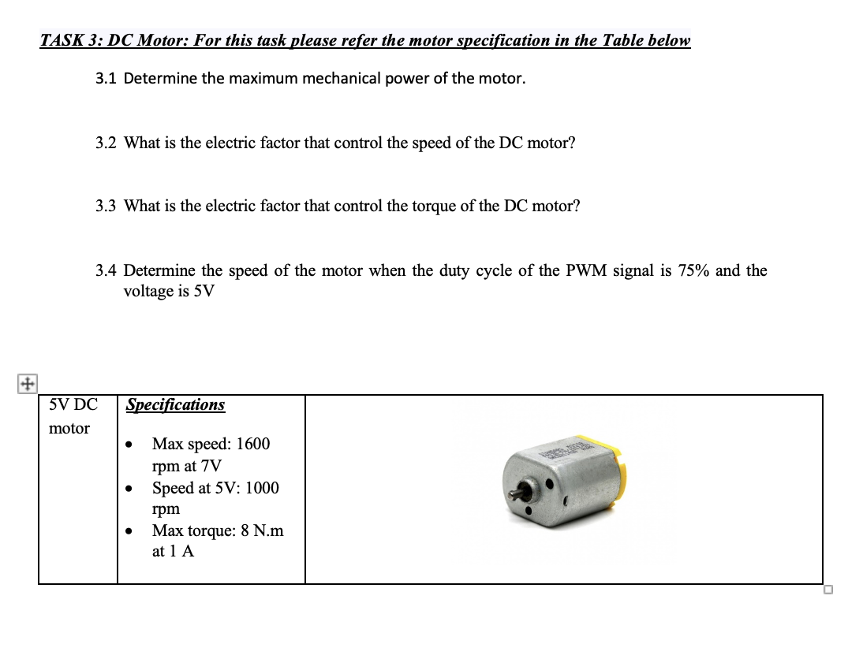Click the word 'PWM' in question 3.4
click(x=584, y=271)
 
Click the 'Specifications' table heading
click(x=175, y=405)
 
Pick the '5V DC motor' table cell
click(x=73, y=417)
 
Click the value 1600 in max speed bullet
click(x=252, y=444)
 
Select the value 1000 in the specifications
click(x=262, y=488)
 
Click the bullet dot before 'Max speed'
click(x=129, y=446)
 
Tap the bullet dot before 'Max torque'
click(x=129, y=533)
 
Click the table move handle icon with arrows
click(x=26, y=384)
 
